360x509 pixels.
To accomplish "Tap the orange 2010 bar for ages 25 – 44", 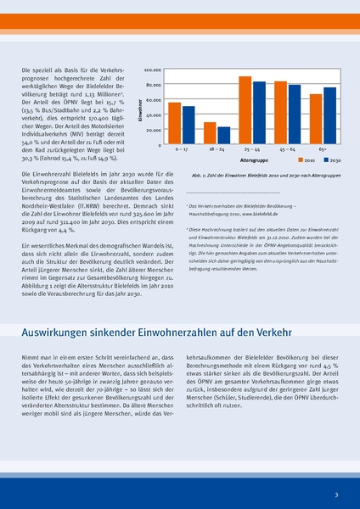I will [x=245, y=109].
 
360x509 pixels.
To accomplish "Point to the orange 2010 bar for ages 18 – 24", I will [x=210, y=132].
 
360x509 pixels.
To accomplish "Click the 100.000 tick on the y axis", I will [x=153, y=70].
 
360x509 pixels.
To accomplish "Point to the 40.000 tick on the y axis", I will [x=154, y=115].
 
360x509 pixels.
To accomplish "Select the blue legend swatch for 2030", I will [x=323, y=159].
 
